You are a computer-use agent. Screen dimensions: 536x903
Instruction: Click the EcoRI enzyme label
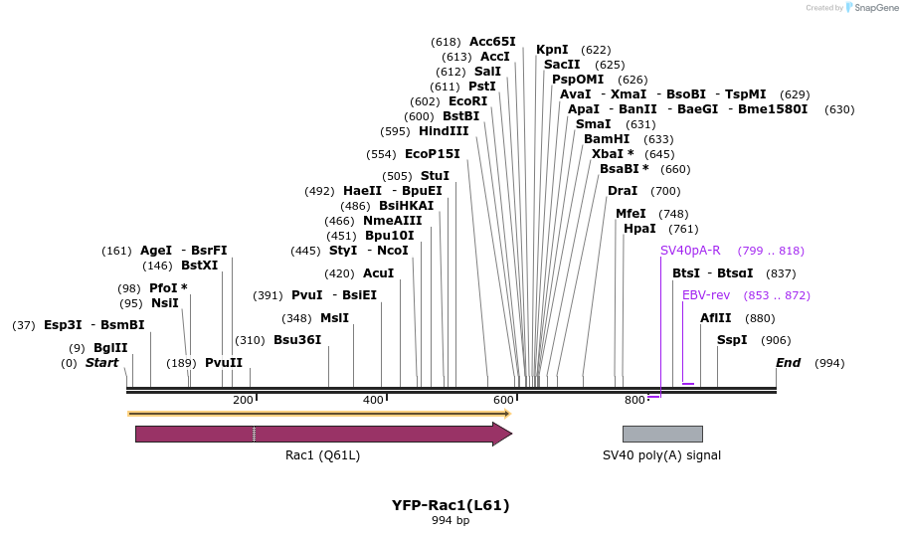tap(467, 101)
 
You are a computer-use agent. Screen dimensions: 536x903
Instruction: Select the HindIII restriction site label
tap(444, 131)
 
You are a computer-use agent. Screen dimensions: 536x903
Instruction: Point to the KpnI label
tap(552, 50)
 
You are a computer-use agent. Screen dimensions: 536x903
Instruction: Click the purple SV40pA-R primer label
tap(690, 251)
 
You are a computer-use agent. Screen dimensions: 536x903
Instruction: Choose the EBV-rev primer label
tap(706, 295)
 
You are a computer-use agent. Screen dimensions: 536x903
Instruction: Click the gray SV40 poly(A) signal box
tap(662, 434)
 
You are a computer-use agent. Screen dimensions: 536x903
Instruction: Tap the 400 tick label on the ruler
tap(373, 400)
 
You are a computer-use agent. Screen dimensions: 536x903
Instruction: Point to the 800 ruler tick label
tap(634, 400)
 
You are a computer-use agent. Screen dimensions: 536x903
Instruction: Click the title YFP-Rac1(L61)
tap(451, 505)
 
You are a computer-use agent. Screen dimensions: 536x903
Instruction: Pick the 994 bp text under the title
tap(451, 520)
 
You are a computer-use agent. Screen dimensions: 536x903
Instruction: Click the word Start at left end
tap(101, 363)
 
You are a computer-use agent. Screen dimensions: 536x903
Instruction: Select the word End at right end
tap(788, 363)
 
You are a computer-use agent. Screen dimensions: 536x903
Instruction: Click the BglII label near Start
tap(110, 348)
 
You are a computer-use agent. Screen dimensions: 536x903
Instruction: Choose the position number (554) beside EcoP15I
tap(381, 154)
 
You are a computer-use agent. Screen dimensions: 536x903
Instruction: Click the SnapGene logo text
tap(871, 8)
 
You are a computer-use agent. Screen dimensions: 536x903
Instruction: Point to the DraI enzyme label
tap(623, 191)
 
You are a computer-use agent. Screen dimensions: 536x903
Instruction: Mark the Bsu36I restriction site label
tap(297, 340)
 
